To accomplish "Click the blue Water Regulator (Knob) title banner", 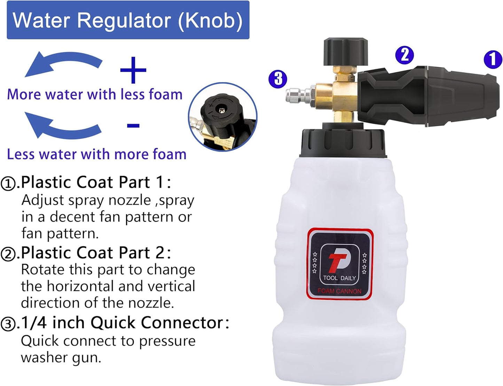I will pos(128,20).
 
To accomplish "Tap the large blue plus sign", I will pos(133,70).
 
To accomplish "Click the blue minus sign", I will pos(133,126).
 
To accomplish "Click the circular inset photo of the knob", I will pos(222,117).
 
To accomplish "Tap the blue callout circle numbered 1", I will pos(493,59).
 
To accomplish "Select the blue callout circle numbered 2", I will pos(404,55).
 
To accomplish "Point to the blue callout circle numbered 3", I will pos(277,79).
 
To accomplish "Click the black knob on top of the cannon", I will pos(345,52).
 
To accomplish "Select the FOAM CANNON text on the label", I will pos(339,291).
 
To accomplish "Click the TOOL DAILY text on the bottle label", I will pos(339,278).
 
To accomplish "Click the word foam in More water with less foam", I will pos(165,95).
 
